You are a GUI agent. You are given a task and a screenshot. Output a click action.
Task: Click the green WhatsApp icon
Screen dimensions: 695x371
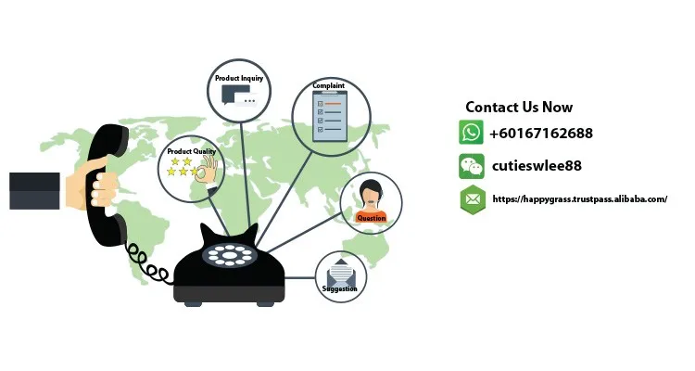point(472,133)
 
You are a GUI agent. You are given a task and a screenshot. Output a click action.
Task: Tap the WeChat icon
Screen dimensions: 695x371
point(472,166)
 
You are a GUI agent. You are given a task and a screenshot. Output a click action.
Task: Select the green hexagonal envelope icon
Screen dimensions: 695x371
point(473,199)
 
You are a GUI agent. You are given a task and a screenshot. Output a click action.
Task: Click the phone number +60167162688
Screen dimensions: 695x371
point(541,133)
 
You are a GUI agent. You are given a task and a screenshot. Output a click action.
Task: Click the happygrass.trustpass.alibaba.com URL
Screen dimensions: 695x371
point(579,199)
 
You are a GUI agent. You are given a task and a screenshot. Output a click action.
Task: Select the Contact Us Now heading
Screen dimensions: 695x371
point(519,108)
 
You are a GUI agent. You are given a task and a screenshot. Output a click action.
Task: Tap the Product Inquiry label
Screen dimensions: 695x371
point(239,79)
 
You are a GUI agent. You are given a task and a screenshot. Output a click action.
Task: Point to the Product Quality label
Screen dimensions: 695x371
point(192,151)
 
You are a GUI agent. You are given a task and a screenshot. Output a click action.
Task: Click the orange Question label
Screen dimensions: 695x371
point(371,218)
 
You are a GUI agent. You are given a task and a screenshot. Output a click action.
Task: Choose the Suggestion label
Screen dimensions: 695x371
point(339,288)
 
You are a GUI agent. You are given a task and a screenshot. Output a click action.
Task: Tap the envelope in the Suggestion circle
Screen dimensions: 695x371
point(340,272)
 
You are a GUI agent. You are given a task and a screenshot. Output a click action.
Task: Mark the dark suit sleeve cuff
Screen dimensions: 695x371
point(34,190)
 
